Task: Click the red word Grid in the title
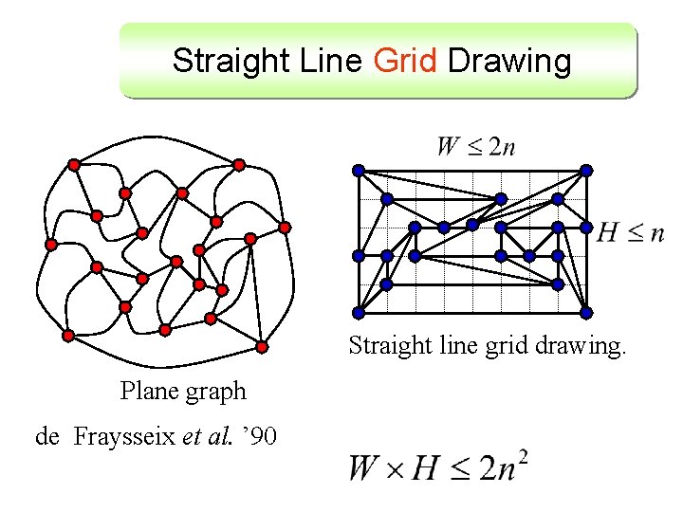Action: tap(405, 62)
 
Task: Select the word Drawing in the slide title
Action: tap(509, 62)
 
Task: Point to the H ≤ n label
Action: tap(631, 233)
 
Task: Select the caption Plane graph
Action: tap(183, 391)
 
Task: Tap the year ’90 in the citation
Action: tap(259, 436)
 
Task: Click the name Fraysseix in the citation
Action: tap(124, 436)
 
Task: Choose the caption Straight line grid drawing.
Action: tap(488, 344)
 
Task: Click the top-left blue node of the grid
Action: tap(359, 171)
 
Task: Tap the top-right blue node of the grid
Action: tap(586, 171)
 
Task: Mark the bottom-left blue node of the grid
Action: tap(359, 313)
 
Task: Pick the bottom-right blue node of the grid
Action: tap(586, 313)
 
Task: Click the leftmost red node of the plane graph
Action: tap(51, 245)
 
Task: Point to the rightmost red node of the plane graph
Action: tap(285, 228)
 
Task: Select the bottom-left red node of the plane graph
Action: tap(68, 336)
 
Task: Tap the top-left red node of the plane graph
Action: tap(74, 165)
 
